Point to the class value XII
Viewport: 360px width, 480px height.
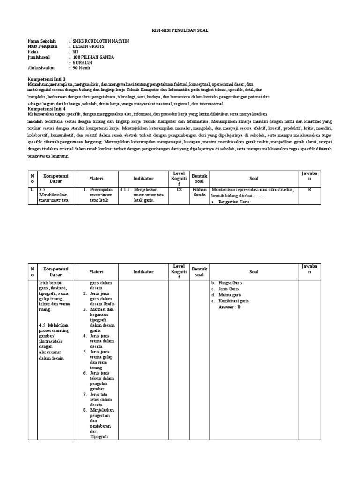click(76, 52)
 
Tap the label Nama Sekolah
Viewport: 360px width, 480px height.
click(42, 41)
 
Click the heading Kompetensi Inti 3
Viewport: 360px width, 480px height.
click(47, 79)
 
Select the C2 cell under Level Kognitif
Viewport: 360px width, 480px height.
click(179, 190)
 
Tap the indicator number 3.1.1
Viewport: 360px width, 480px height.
click(126, 190)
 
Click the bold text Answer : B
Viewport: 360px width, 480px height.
click(229, 307)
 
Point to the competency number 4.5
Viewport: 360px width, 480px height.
click(44, 324)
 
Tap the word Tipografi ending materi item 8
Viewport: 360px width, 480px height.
click(99, 436)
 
